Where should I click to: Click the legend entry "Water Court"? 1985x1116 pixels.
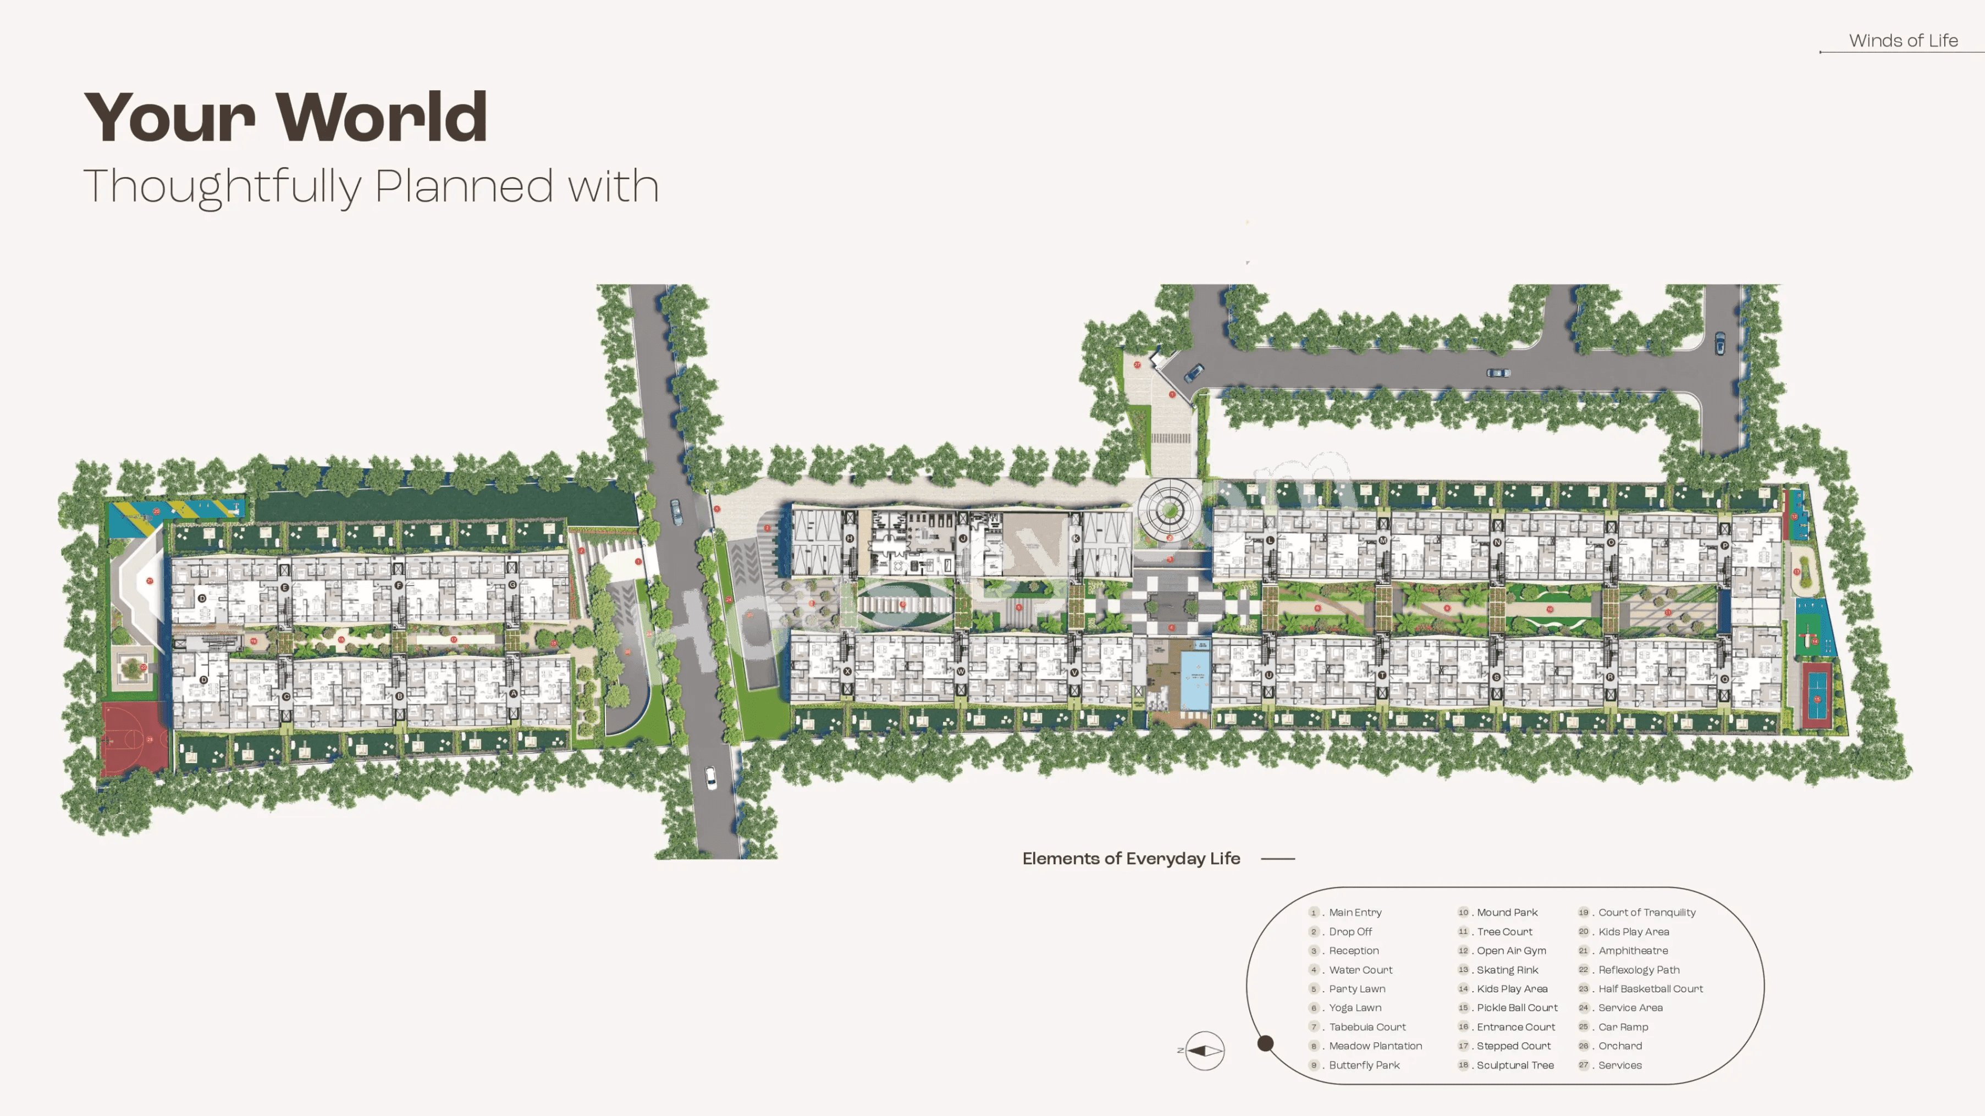(1360, 970)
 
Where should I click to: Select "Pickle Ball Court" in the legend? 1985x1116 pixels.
(1517, 1007)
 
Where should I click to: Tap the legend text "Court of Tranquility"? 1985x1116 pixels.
(1647, 912)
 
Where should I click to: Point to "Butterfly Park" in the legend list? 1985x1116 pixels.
(1364, 1065)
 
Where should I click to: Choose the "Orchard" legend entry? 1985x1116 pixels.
(1620, 1046)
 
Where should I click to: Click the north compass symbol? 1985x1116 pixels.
(1204, 1051)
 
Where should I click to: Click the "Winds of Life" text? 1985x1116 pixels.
(1903, 41)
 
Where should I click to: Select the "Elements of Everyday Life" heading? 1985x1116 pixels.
(1131, 859)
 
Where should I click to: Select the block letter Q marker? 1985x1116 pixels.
(1724, 678)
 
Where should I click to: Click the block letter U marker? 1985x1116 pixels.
(1269, 676)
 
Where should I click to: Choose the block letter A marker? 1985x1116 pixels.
(513, 694)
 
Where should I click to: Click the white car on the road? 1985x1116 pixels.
(710, 777)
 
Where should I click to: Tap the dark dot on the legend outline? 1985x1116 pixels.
(1265, 1043)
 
